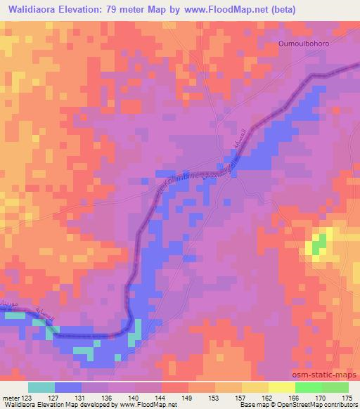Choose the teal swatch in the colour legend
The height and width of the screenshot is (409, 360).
[x=41, y=387]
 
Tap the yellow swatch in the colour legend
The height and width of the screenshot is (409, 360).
[x=282, y=387]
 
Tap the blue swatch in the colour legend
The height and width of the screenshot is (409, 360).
[x=68, y=387]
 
